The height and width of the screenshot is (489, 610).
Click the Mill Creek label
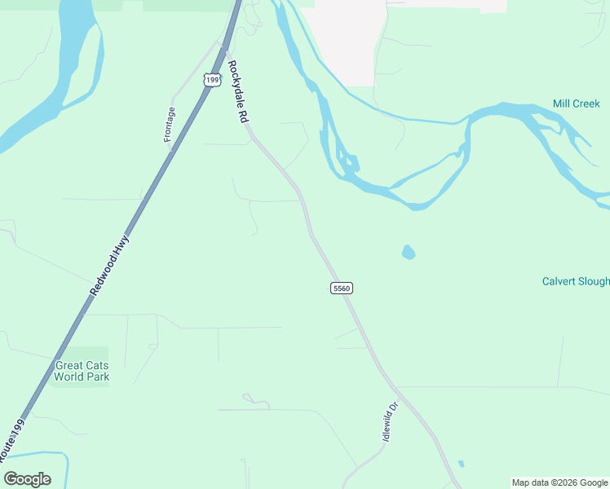(576, 104)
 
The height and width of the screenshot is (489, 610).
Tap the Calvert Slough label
(576, 281)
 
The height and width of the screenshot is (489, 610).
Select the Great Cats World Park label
(82, 371)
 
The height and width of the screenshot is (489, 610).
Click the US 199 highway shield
(212, 79)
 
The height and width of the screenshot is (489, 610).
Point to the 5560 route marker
(342, 289)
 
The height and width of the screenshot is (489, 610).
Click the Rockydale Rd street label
(237, 91)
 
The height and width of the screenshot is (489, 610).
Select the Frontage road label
(170, 125)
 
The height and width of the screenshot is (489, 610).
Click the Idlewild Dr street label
(390, 421)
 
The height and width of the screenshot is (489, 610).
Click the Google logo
(27, 479)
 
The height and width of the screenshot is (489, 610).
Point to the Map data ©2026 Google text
(560, 482)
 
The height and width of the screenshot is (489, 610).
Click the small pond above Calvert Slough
(409, 253)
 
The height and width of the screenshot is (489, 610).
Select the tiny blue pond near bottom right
(462, 464)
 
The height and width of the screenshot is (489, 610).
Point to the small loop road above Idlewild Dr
(255, 401)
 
